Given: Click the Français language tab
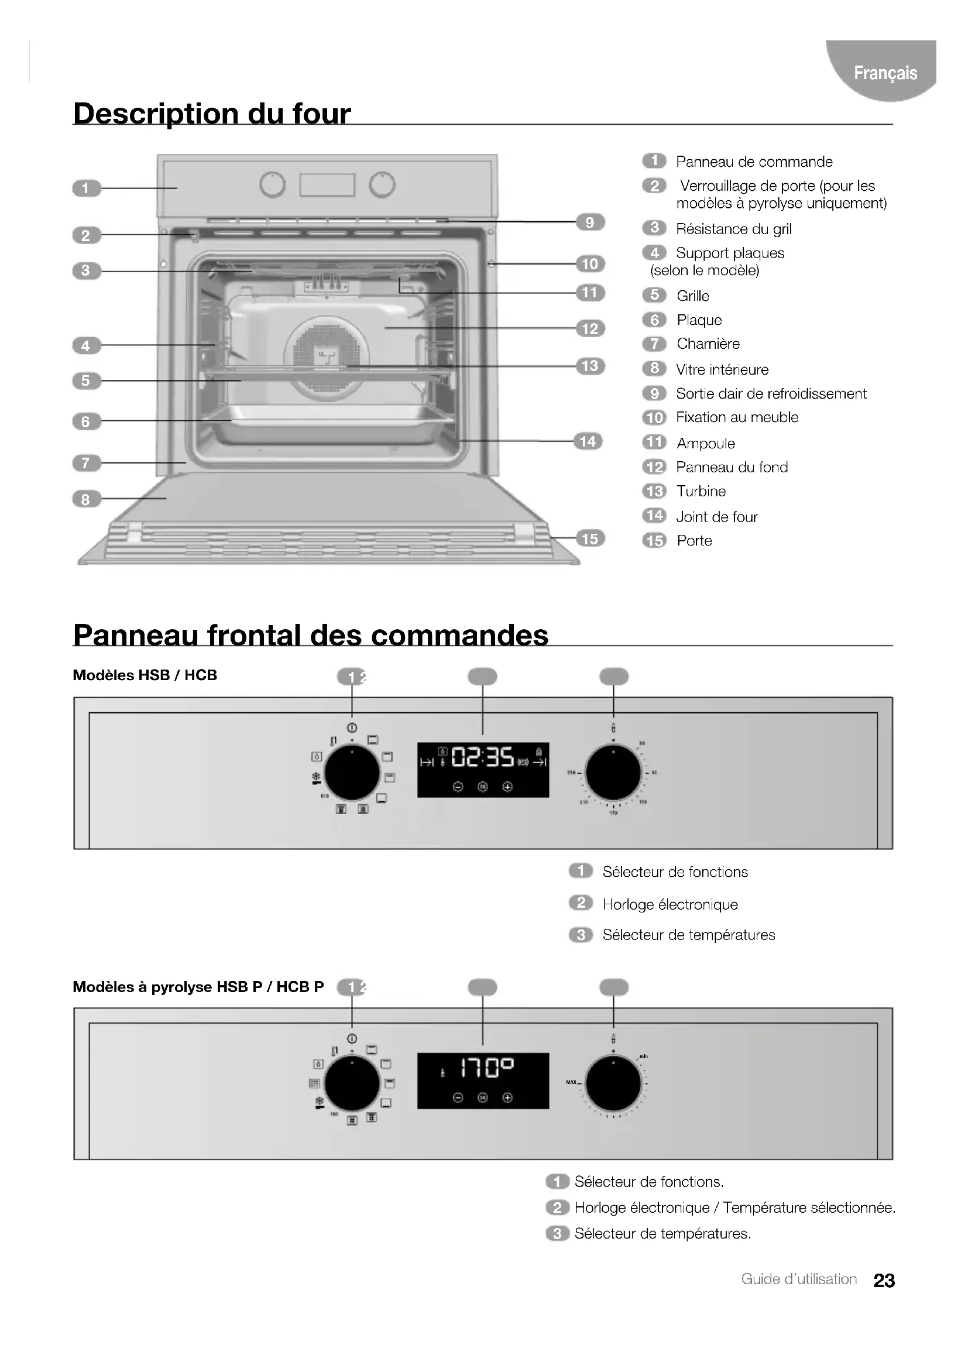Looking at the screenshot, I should tap(884, 73).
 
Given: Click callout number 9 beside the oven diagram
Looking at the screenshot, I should tap(589, 222).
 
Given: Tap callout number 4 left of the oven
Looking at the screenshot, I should tap(86, 346).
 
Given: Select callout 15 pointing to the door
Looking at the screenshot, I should tap(589, 539).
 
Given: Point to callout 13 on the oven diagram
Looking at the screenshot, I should tap(589, 366).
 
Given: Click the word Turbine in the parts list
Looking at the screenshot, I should tap(701, 491).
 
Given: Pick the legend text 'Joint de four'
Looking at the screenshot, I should tap(716, 517).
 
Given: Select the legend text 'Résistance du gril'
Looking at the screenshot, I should tap(733, 229).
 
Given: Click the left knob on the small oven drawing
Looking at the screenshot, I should tap(272, 186).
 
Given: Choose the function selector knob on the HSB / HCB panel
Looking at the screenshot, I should tap(352, 773).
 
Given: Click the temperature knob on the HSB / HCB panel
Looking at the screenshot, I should tap(613, 773).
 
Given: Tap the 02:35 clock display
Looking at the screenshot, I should tap(483, 759).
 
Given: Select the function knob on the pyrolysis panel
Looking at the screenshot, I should tap(352, 1083).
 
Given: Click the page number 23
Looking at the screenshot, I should tap(884, 1280).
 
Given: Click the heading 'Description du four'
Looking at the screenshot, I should tap(212, 114).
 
